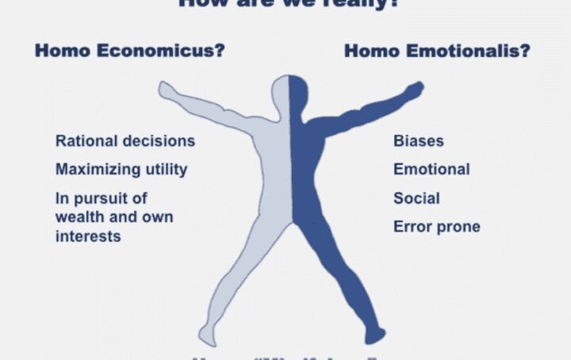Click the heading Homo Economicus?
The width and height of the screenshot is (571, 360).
pos(129,52)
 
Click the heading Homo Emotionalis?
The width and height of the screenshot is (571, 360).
pos(437,52)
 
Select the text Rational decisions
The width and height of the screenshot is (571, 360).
pos(125,141)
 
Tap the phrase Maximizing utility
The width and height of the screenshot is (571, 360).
pos(121,169)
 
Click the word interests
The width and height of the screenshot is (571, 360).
pos(88,236)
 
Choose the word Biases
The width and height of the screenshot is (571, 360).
pos(419,141)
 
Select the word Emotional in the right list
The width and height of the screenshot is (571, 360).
pos(431,169)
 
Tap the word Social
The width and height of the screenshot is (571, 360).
pos(416,198)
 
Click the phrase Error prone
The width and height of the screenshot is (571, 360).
pos(436,228)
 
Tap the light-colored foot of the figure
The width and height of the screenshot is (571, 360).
pos(208,336)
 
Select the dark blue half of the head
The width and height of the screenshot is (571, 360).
pos(299,93)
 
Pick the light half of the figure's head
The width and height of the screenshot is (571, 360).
pos(281,93)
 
